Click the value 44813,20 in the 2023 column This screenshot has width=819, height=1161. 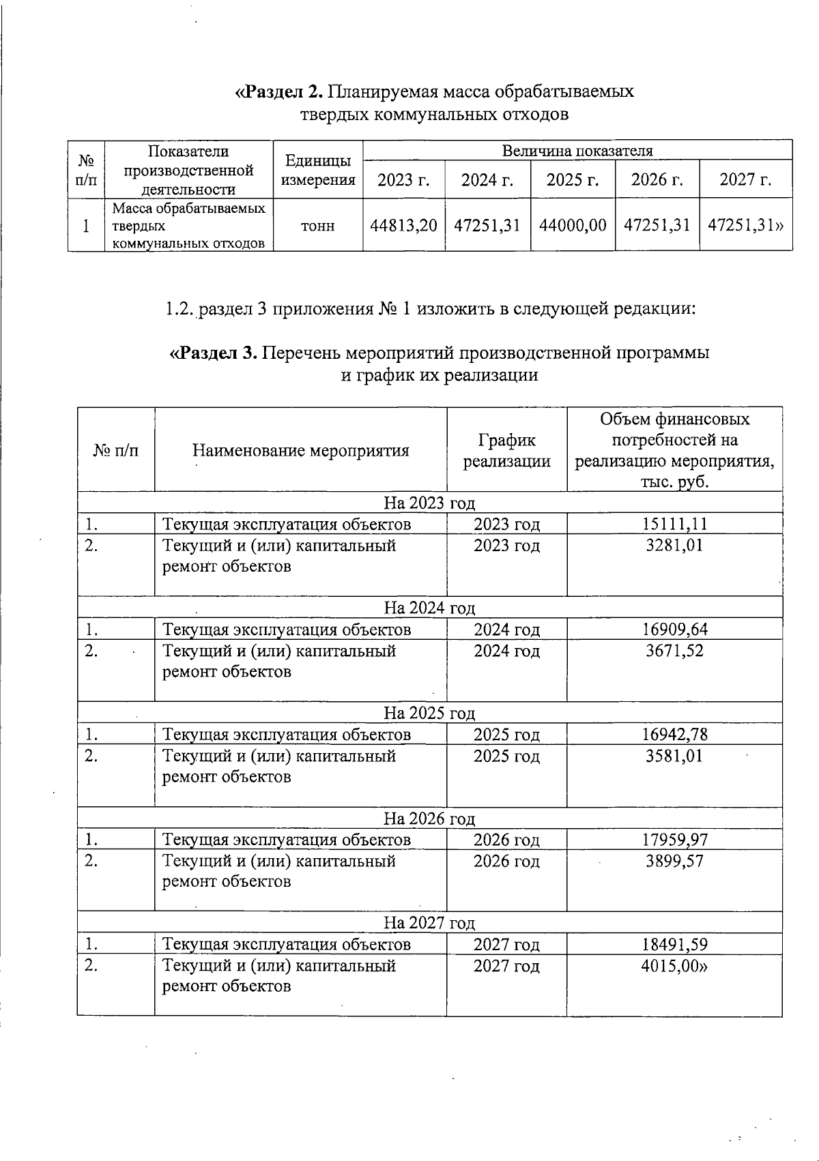(403, 225)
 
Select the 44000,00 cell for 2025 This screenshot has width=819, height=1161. (573, 225)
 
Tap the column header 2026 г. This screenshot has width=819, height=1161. (657, 180)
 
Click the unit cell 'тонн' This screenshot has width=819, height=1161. (318, 226)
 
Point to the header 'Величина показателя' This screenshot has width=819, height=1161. (577, 151)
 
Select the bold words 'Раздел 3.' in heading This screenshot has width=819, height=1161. (214, 353)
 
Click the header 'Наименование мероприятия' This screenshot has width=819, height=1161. (300, 450)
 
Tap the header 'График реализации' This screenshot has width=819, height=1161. (506, 450)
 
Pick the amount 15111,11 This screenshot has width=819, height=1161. (674, 524)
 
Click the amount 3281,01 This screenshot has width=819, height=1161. (674, 546)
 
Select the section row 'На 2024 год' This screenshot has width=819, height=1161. (429, 607)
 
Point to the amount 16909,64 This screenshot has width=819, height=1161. (674, 629)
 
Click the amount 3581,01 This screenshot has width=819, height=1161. (674, 756)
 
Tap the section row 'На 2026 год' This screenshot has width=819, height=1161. (429, 818)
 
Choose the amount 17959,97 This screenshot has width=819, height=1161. (674, 840)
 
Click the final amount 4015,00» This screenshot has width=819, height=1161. (674, 966)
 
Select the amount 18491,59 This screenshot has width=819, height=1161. (674, 945)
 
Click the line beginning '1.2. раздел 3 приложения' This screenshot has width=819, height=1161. (430, 309)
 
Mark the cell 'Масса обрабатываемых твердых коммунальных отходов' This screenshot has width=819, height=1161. (188, 226)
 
